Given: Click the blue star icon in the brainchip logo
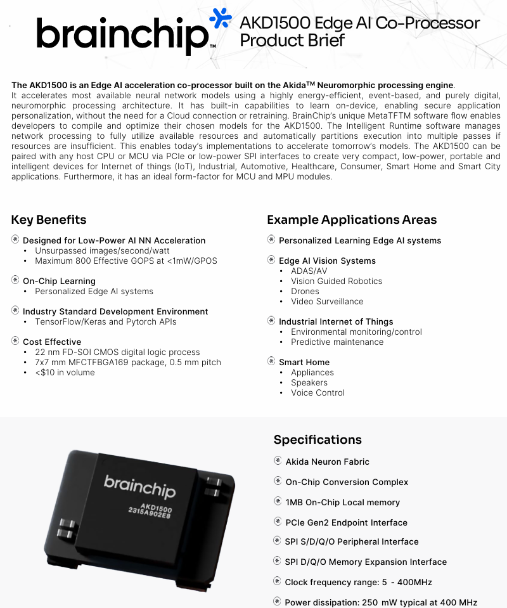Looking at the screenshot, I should click(x=221, y=18).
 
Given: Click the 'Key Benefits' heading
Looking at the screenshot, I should click(x=49, y=220).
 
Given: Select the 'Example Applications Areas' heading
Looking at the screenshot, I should click(x=352, y=220).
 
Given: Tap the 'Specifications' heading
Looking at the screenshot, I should click(x=318, y=440).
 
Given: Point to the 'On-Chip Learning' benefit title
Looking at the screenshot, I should click(x=59, y=281).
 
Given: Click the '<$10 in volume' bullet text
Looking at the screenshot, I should click(x=65, y=372).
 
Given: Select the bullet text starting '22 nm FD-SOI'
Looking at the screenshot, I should click(x=117, y=352).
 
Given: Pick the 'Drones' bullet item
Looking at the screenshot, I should click(x=305, y=291).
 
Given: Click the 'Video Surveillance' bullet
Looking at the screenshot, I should click(x=327, y=301).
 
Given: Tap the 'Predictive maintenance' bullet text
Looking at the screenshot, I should click(x=337, y=342).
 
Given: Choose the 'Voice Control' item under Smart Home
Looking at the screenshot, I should click(x=318, y=392).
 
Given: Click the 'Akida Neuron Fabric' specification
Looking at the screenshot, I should click(x=327, y=462).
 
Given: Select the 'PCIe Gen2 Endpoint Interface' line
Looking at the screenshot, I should click(x=346, y=522).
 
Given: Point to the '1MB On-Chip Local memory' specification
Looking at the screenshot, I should click(x=342, y=502).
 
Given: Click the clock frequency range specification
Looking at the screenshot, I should click(x=358, y=582).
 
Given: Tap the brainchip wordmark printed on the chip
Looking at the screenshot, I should click(x=139, y=486).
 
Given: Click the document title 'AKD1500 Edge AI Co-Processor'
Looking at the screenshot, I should click(x=359, y=23).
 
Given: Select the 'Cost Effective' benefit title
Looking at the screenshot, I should click(x=52, y=342).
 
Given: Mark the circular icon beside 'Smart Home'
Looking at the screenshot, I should click(x=271, y=361).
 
